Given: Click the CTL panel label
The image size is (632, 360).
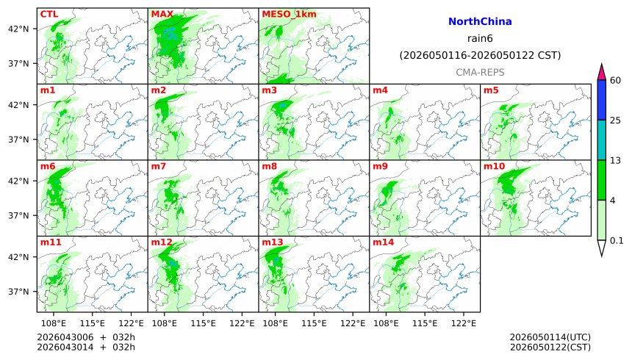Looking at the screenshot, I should pyautogui.click(x=49, y=14).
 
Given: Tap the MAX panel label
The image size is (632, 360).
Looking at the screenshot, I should pyautogui.click(x=162, y=14).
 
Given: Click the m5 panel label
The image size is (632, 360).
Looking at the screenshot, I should pyautogui.click(x=491, y=90).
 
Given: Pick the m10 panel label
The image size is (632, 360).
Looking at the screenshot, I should pyautogui.click(x=494, y=167).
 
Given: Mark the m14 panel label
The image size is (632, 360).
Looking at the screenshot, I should pyautogui.click(x=383, y=242).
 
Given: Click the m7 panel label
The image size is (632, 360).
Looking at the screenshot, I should pyautogui.click(x=159, y=167).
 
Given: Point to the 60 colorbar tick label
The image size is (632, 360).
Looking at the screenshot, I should pyautogui.click(x=617, y=80).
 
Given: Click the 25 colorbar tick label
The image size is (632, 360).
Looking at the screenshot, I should pyautogui.click(x=617, y=120).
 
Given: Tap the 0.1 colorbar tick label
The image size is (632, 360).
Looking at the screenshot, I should pyautogui.click(x=617, y=240).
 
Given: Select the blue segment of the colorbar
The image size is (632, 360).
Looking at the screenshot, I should pyautogui.click(x=601, y=100).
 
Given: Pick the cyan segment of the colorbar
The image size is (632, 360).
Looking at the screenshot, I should pyautogui.click(x=601, y=140).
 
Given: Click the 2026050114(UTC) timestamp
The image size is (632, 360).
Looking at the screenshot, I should pyautogui.click(x=550, y=337).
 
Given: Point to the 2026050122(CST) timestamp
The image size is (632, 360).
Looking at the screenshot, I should pyautogui.click(x=550, y=347).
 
